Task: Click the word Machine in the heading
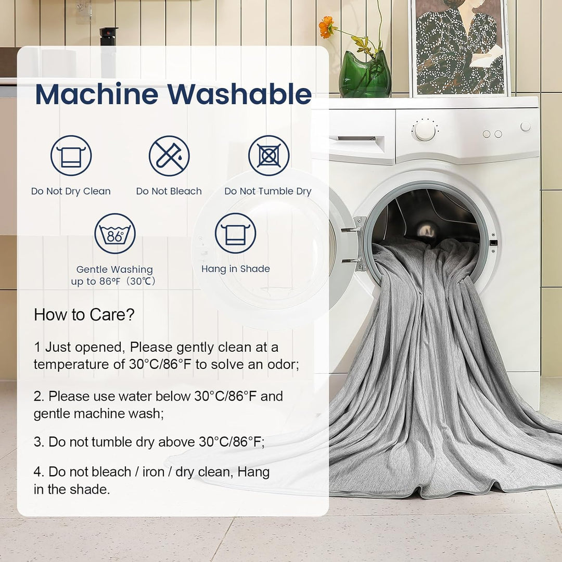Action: tap(97, 94)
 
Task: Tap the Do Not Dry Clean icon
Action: tap(71, 156)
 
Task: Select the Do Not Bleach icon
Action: tap(169, 156)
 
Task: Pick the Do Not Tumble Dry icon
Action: tap(269, 156)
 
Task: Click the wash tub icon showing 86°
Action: tap(115, 234)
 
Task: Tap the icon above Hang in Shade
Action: tap(236, 233)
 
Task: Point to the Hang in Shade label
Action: tap(236, 269)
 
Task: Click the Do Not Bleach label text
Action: tap(169, 191)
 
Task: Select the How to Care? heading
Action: tap(84, 315)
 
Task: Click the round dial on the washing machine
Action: tap(425, 131)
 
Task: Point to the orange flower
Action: tap(326, 27)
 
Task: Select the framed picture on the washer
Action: tap(460, 48)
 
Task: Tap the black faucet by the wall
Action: tap(109, 36)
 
